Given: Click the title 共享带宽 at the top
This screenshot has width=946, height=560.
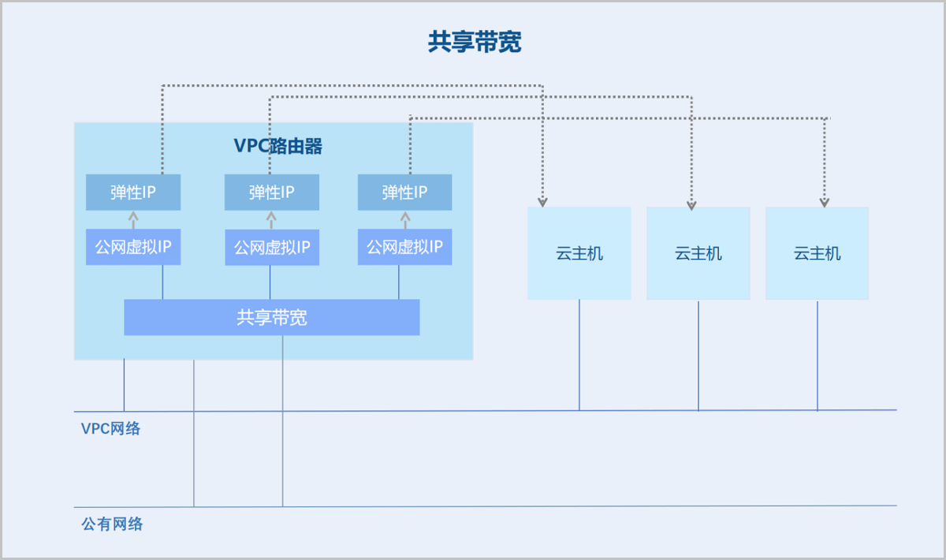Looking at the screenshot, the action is [x=475, y=42].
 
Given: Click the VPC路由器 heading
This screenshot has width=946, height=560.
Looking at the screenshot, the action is [x=277, y=146].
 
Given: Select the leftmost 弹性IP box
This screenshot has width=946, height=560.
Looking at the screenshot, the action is [x=133, y=192].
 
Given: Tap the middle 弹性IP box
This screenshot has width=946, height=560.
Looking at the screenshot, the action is [x=271, y=192].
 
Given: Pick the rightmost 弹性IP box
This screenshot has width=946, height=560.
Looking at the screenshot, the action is [x=404, y=192].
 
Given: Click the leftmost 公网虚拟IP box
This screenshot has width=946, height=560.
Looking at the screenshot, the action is [x=133, y=247].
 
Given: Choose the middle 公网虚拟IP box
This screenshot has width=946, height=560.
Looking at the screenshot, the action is [x=272, y=248].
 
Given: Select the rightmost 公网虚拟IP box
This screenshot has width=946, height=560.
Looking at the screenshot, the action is [x=404, y=247].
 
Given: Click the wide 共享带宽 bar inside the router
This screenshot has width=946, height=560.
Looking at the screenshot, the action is [x=272, y=317].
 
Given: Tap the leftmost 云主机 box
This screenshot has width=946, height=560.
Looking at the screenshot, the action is [x=579, y=254].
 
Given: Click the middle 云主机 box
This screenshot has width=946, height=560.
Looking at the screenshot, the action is [x=698, y=254].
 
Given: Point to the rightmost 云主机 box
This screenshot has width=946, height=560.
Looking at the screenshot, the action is [x=818, y=254].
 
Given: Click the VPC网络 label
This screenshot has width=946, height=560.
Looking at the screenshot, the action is [x=110, y=428].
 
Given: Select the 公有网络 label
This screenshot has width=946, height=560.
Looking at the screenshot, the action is [x=112, y=524].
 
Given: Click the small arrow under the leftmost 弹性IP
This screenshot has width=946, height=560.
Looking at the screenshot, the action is [x=133, y=220].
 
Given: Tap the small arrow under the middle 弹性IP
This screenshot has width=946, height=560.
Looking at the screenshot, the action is [x=271, y=220].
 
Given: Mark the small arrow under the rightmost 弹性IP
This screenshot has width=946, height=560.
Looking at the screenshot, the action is [x=405, y=220].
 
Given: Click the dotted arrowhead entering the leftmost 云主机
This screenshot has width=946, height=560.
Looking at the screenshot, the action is [x=542, y=202].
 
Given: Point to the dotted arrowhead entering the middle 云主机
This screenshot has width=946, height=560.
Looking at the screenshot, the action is [x=691, y=205].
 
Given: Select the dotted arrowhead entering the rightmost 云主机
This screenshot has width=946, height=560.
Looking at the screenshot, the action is [x=825, y=203].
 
